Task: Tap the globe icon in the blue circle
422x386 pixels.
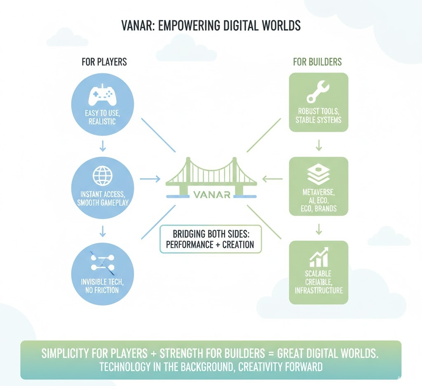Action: point(102,176)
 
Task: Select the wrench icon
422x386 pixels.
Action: point(318,93)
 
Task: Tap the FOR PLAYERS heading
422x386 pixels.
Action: point(104,62)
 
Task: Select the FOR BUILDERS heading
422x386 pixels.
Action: point(317,62)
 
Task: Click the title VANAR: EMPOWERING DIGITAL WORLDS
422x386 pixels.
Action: point(211,26)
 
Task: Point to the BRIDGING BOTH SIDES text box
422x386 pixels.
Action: point(210,238)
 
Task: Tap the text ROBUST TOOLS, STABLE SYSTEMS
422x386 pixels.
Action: point(319,115)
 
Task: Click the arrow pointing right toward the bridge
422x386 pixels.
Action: point(150,179)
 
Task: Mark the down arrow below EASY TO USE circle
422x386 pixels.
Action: point(103,145)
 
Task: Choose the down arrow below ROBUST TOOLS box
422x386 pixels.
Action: point(319,145)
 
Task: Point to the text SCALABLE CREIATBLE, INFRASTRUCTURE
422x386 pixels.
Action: point(319,282)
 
